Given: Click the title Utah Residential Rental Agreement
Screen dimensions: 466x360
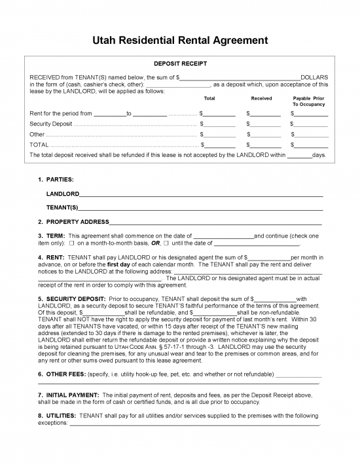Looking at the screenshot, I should click(x=179, y=41).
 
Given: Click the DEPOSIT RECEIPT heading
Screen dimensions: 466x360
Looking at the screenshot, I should click(x=179, y=64).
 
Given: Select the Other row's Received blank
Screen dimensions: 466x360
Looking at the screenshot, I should click(x=266, y=134).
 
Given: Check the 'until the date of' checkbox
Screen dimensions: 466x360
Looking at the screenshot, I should click(x=167, y=243).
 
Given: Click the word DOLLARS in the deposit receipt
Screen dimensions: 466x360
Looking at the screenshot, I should click(x=314, y=77).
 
